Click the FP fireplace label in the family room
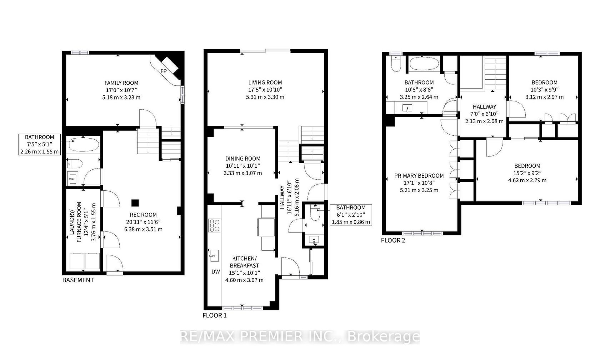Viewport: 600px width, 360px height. [x=164, y=71]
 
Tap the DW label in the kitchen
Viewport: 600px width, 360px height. [x=216, y=271]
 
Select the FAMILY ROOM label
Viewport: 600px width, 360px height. [x=121, y=83]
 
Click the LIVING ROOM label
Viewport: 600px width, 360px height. [x=265, y=82]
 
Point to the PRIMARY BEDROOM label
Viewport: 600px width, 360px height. [x=419, y=176]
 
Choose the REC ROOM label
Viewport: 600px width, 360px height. [x=143, y=215]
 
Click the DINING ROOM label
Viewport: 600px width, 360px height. [x=243, y=159]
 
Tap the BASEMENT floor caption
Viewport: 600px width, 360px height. [x=78, y=280]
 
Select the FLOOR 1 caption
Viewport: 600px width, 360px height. [x=215, y=316]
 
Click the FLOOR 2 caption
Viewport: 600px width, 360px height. [x=393, y=240]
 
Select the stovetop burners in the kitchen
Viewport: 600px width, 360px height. [x=215, y=226]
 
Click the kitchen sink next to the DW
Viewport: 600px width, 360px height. [x=214, y=256]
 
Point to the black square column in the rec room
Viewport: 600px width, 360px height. [x=135, y=203]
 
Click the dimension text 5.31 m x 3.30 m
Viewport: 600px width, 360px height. [x=265, y=97]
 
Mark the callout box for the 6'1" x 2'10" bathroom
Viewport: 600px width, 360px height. [x=351, y=215]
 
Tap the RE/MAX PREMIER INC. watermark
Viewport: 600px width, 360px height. [x=300, y=337]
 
